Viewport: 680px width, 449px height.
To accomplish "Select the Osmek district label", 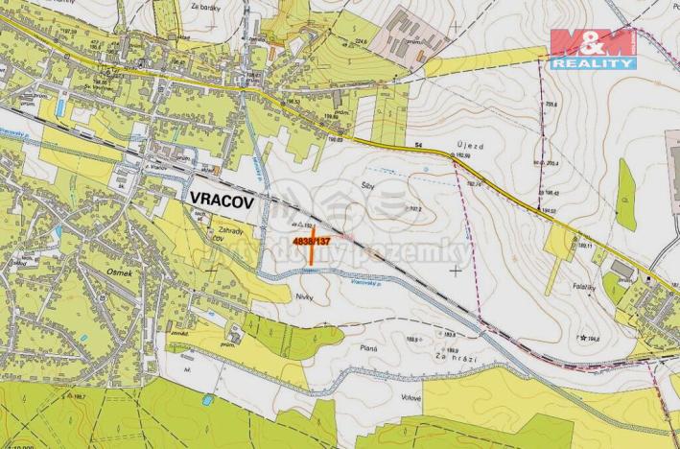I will pyautogui.click(x=92, y=271).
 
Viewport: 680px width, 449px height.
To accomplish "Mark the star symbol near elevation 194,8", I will pyautogui.click(x=582, y=338).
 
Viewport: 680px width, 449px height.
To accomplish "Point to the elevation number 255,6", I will pyautogui.click(x=551, y=105).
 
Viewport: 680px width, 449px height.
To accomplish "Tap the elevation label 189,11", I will pyautogui.click(x=584, y=246).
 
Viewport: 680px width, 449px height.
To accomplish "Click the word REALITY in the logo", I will pyautogui.click(x=593, y=63).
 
